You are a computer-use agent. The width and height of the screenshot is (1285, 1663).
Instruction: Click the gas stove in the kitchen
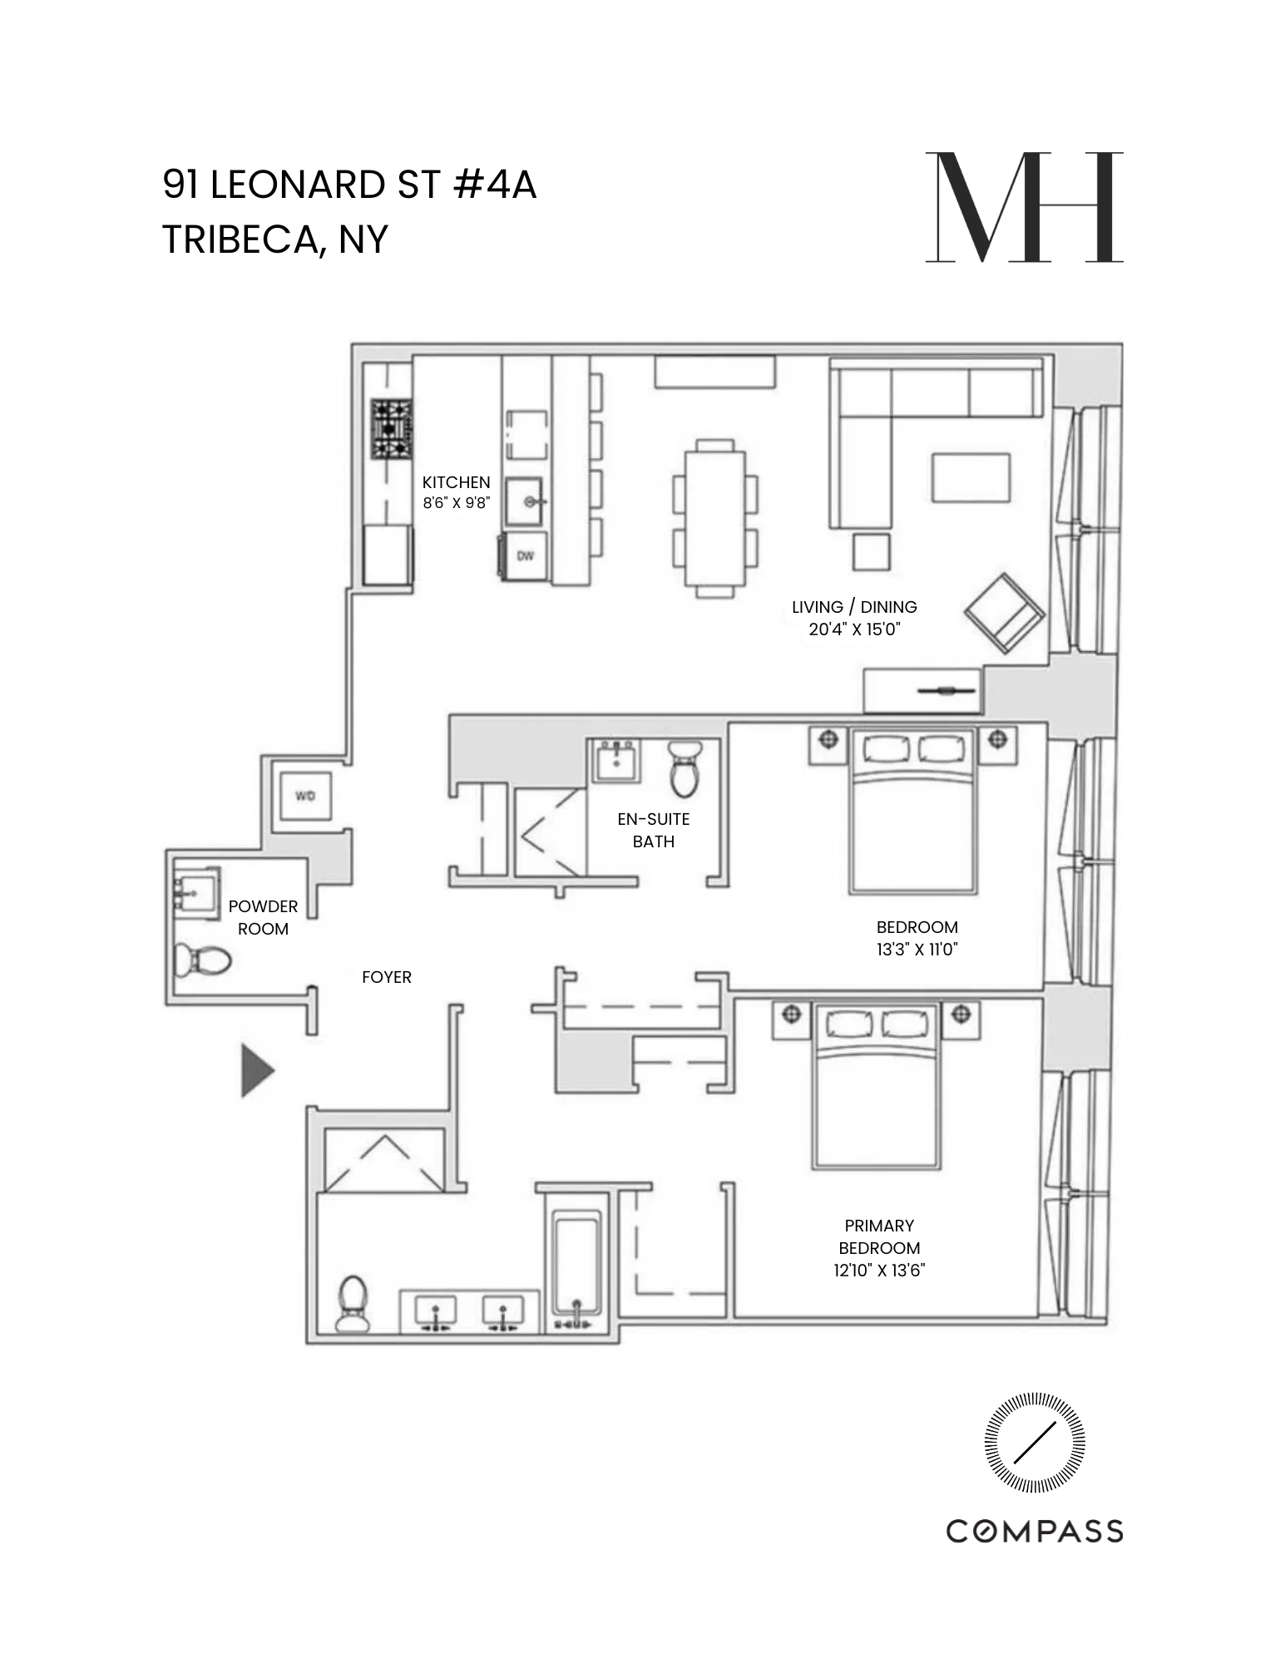(x=392, y=429)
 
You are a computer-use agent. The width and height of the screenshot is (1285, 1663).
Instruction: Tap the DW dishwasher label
(x=525, y=556)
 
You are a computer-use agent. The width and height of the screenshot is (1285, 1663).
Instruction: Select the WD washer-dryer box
(x=305, y=797)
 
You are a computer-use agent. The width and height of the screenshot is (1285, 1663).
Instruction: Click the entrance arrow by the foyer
(x=257, y=1071)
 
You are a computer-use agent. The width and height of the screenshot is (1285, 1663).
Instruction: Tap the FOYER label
(x=387, y=978)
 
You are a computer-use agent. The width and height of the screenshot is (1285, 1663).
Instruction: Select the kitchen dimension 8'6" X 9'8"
(x=456, y=503)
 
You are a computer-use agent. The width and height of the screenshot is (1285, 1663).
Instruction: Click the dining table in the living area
(x=715, y=518)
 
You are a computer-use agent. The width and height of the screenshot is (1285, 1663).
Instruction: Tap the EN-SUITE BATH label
(x=654, y=830)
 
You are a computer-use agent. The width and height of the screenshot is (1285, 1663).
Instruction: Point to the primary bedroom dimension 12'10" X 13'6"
(x=880, y=1271)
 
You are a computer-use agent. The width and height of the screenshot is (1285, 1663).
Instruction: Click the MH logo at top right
(x=1024, y=208)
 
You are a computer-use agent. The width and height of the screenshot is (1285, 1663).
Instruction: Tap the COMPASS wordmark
(x=1035, y=1531)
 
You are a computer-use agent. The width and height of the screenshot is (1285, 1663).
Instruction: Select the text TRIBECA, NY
(x=275, y=239)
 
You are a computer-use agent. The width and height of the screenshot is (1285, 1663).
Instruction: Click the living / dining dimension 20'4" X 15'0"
(x=854, y=629)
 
